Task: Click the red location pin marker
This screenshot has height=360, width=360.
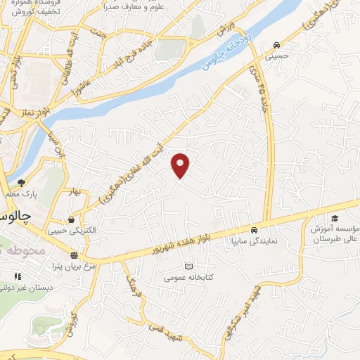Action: click(x=181, y=165)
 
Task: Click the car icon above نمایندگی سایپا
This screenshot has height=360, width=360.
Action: click(x=253, y=230)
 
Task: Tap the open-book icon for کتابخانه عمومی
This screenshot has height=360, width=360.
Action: click(x=187, y=266)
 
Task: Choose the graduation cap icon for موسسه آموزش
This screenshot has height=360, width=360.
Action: click(x=334, y=219)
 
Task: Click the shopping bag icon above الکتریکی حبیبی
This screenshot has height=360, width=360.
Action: click(x=71, y=219)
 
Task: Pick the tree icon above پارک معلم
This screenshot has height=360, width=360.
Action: click(x=20, y=183)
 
